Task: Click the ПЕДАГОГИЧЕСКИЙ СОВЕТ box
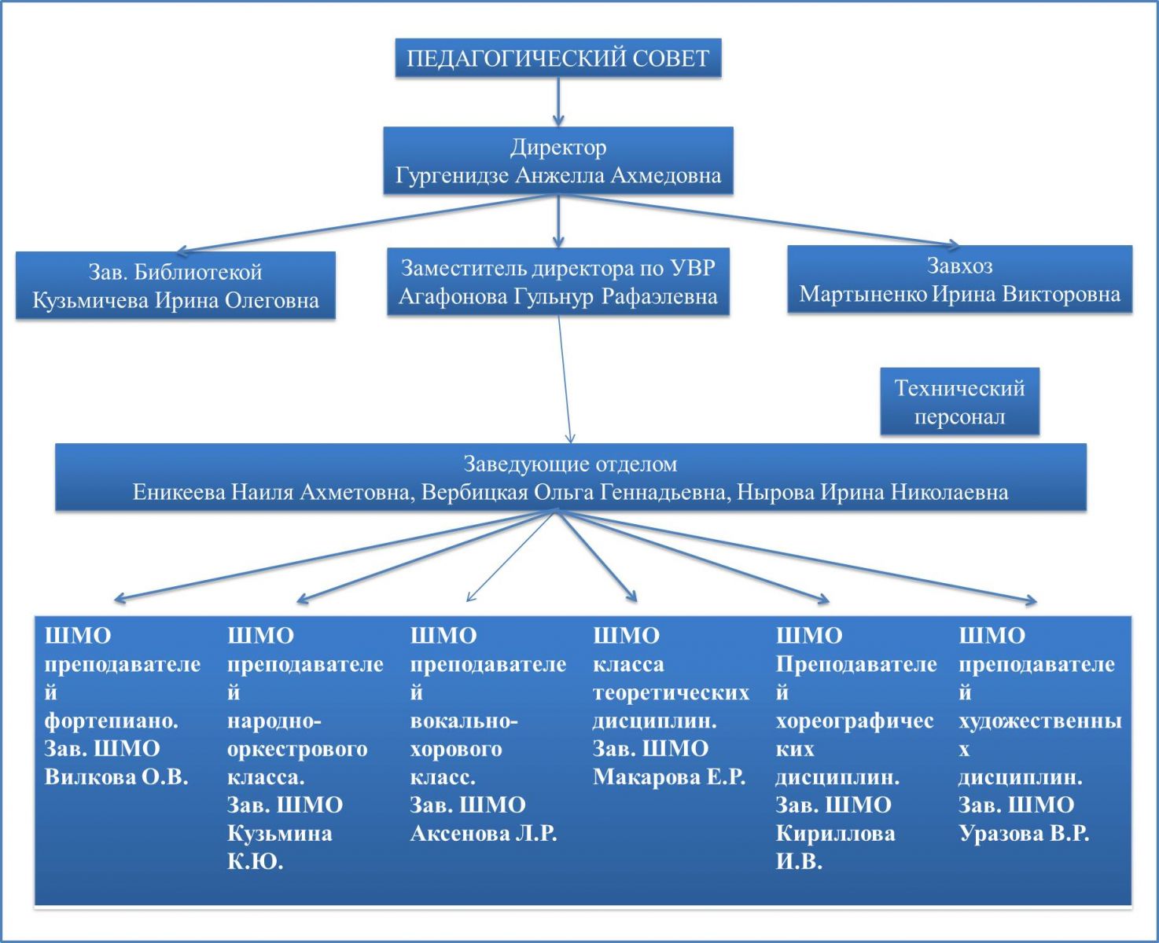(x=557, y=58)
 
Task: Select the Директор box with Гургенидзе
(x=557, y=160)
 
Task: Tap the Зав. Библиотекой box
(x=175, y=285)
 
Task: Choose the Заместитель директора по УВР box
(x=557, y=281)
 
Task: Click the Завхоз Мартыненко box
(x=959, y=280)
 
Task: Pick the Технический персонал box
(x=959, y=402)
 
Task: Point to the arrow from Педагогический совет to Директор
(x=557, y=101)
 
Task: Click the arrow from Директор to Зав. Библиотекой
(x=362, y=224)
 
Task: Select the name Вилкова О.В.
(x=116, y=777)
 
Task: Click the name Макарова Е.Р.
(x=668, y=777)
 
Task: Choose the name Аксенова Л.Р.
(x=484, y=834)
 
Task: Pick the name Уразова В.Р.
(x=1024, y=834)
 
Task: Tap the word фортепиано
(x=111, y=721)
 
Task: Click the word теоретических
(x=671, y=692)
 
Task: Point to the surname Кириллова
(x=835, y=834)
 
